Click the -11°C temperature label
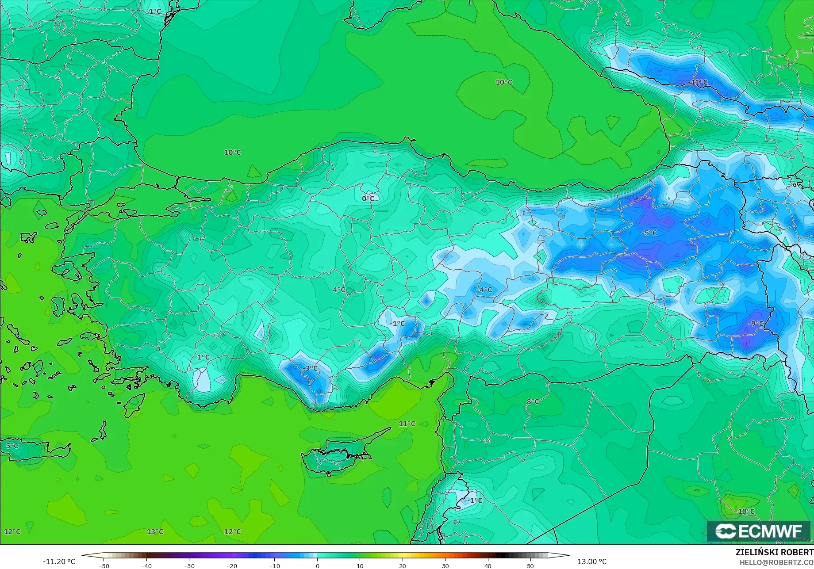pyautogui.click(x=698, y=82)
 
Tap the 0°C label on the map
pyautogui.click(x=368, y=199)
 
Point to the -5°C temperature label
pyautogui.click(x=649, y=233)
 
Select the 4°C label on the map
pyautogui.click(x=339, y=290)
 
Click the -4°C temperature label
pyautogui.click(x=484, y=290)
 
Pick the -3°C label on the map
pyautogui.click(x=311, y=368)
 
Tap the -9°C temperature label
pyautogui.click(x=755, y=324)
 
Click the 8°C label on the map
pyautogui.click(x=533, y=401)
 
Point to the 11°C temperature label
pyautogui.click(x=407, y=424)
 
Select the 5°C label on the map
pyautogui.click(x=12, y=446)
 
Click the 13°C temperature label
pyautogui.click(x=155, y=531)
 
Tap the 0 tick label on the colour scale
pyautogui.click(x=317, y=566)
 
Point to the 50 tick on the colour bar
pyautogui.click(x=530, y=566)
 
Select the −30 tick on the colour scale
pyautogui.click(x=189, y=566)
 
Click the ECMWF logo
pyautogui.click(x=758, y=531)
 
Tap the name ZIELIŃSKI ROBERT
pyautogui.click(x=774, y=553)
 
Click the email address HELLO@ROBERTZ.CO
pyautogui.click(x=776, y=562)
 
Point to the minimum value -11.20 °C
pyautogui.click(x=59, y=561)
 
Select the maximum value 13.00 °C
pyautogui.click(x=592, y=561)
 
